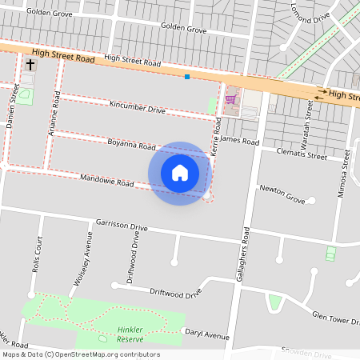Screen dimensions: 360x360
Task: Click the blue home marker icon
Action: pyautogui.click(x=180, y=173)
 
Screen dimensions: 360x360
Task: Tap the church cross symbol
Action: pyautogui.click(x=30, y=64)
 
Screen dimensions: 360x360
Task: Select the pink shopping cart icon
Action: pyautogui.click(x=231, y=99)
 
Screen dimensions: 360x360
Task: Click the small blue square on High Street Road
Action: pyautogui.click(x=187, y=77)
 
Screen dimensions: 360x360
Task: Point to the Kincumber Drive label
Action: pyautogui.click(x=138, y=107)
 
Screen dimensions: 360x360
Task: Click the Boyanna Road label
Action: pyautogui.click(x=131, y=146)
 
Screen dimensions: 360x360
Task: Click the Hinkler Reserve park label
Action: pyautogui.click(x=130, y=334)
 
